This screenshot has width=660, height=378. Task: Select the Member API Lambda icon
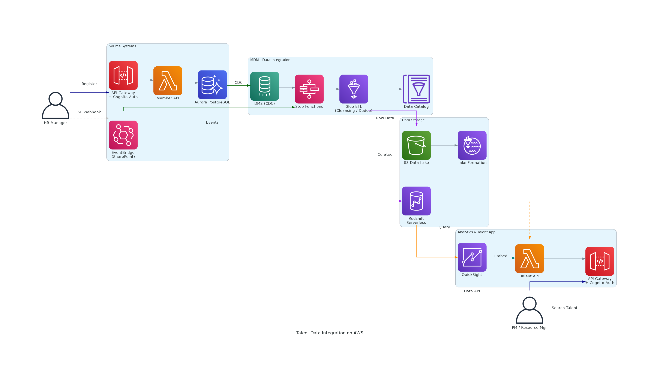click(x=168, y=81)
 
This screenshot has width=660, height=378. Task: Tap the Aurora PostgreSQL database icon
click(x=212, y=85)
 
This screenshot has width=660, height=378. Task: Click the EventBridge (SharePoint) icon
click(x=123, y=135)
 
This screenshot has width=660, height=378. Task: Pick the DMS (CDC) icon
click(x=264, y=86)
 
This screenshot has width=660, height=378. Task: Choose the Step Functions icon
click(x=309, y=89)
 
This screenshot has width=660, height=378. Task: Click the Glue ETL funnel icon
click(x=354, y=89)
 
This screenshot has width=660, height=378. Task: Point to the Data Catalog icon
click(x=416, y=89)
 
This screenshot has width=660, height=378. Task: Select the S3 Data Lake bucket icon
click(x=416, y=145)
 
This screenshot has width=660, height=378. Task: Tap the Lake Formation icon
click(x=472, y=145)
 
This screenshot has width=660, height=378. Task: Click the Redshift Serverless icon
click(x=416, y=201)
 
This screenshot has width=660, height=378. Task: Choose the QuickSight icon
click(x=472, y=257)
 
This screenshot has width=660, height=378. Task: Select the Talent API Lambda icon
click(x=529, y=258)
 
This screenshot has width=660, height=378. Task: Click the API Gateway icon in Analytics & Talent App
click(x=600, y=261)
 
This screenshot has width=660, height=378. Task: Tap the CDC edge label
click(x=238, y=82)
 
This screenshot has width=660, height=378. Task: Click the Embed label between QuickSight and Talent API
click(x=501, y=256)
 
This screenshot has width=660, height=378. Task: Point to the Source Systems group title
click(x=122, y=46)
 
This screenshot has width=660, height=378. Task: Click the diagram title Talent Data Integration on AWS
click(x=330, y=333)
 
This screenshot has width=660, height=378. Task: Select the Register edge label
click(x=89, y=84)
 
